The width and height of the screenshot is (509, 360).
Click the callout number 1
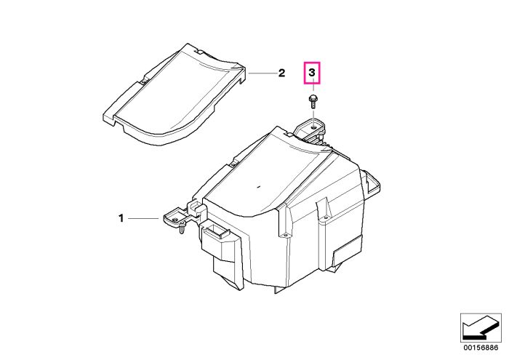pyautogui.click(x=121, y=218)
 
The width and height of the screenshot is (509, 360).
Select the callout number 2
pyautogui.click(x=281, y=73)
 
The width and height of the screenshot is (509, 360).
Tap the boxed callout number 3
pyautogui.click(x=312, y=73)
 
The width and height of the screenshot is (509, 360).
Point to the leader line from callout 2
pyautogui.click(x=262, y=73)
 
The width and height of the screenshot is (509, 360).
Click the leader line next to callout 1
pyautogui.click(x=143, y=218)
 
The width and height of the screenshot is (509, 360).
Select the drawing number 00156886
pyautogui.click(x=481, y=348)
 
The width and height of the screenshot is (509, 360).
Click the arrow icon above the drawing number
pyautogui.click(x=481, y=327)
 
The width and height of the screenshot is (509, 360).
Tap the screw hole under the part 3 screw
pyautogui.click(x=313, y=127)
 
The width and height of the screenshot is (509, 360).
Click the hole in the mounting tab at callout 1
pyautogui.click(x=175, y=220)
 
